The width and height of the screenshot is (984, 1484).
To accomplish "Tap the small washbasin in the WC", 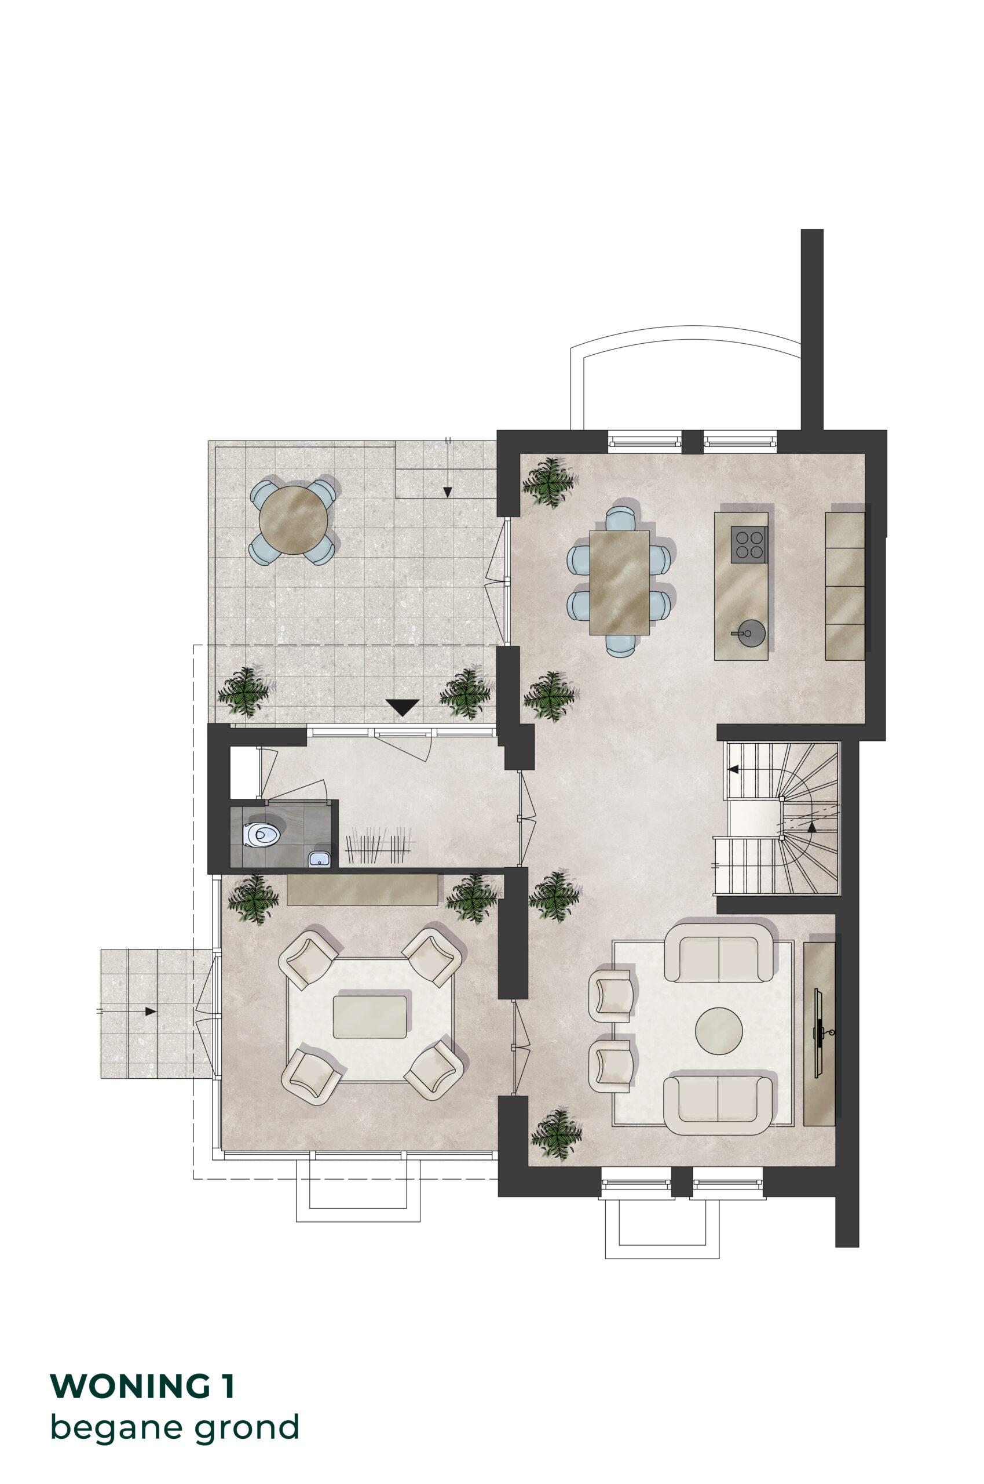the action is click(319, 858).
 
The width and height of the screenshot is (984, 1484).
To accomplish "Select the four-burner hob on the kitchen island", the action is click(749, 544).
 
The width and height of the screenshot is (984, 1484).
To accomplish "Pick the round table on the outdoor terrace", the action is click(293, 519).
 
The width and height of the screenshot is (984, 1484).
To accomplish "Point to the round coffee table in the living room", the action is click(719, 1031).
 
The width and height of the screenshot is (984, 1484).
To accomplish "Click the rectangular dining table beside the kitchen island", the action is click(619, 582).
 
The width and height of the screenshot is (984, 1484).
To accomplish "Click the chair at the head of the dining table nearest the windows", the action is click(621, 518).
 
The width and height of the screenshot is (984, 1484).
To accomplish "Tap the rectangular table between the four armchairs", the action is click(370, 1017).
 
